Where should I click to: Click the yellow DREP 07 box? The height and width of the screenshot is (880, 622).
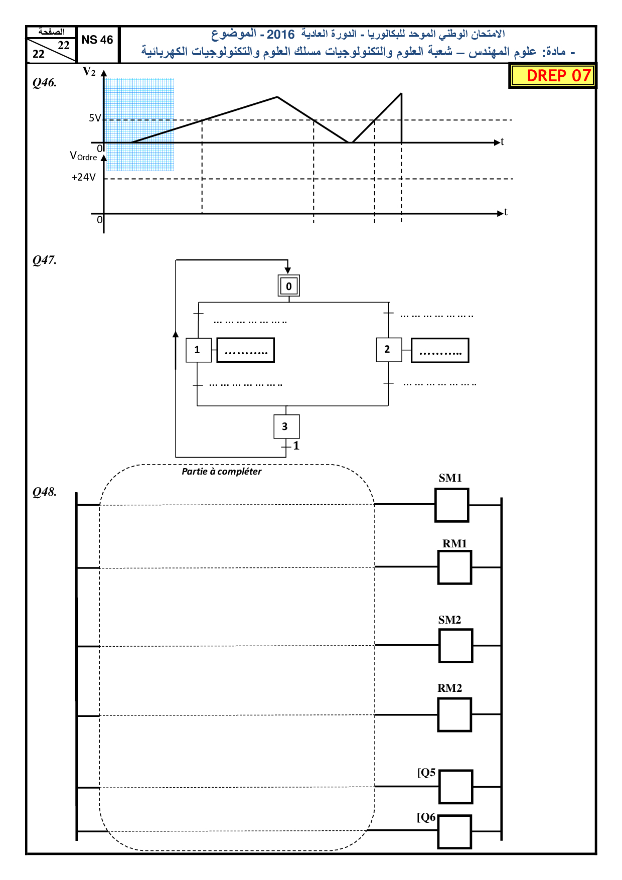pos(552,76)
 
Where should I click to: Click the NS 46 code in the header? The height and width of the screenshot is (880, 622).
pos(97,40)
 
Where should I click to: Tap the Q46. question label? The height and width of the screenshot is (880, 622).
pos(45,83)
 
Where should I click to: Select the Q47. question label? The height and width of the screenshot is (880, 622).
pos(45,260)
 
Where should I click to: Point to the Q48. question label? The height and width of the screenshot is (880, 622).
pos(45,492)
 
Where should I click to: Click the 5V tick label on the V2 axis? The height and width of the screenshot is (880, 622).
pos(95,118)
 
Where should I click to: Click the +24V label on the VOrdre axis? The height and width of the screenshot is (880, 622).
pos(84,177)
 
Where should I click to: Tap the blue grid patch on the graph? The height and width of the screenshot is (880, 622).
pos(139,124)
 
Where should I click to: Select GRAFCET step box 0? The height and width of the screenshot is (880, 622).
pos(289,286)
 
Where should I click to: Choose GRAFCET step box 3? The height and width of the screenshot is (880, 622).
pos(286,426)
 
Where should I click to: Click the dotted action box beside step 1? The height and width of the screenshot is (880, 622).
pos(246,350)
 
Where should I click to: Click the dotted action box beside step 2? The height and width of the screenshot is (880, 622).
pos(440,350)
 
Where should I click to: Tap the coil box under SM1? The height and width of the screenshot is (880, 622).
pos(452,505)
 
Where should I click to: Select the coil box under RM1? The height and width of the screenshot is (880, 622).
pos(455,567)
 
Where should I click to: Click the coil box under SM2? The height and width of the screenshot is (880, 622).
pos(456,646)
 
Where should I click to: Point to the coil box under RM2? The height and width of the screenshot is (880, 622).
pos(455,715)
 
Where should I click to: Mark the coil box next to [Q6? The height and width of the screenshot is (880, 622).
pos(455,832)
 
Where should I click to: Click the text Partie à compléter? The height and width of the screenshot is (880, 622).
pos(222,472)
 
